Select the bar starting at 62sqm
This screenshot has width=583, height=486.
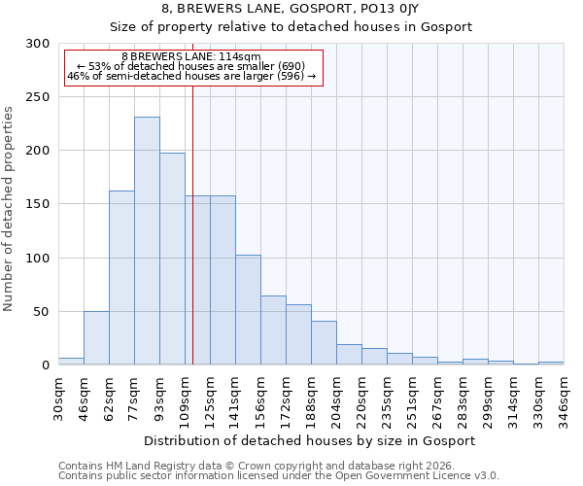pyautogui.click(x=121, y=278)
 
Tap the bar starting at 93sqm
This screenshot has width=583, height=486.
pyautogui.click(x=172, y=259)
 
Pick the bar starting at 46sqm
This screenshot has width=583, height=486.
pyautogui.click(x=96, y=338)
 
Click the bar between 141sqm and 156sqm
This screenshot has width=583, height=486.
pyautogui.click(x=248, y=310)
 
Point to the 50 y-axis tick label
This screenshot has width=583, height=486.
pyautogui.click(x=42, y=312)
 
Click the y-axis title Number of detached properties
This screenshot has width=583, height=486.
pyautogui.click(x=10, y=204)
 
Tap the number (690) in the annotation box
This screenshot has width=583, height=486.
pyautogui.click(x=287, y=66)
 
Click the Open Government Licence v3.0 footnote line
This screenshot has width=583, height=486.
pyautogui.click(x=278, y=476)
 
